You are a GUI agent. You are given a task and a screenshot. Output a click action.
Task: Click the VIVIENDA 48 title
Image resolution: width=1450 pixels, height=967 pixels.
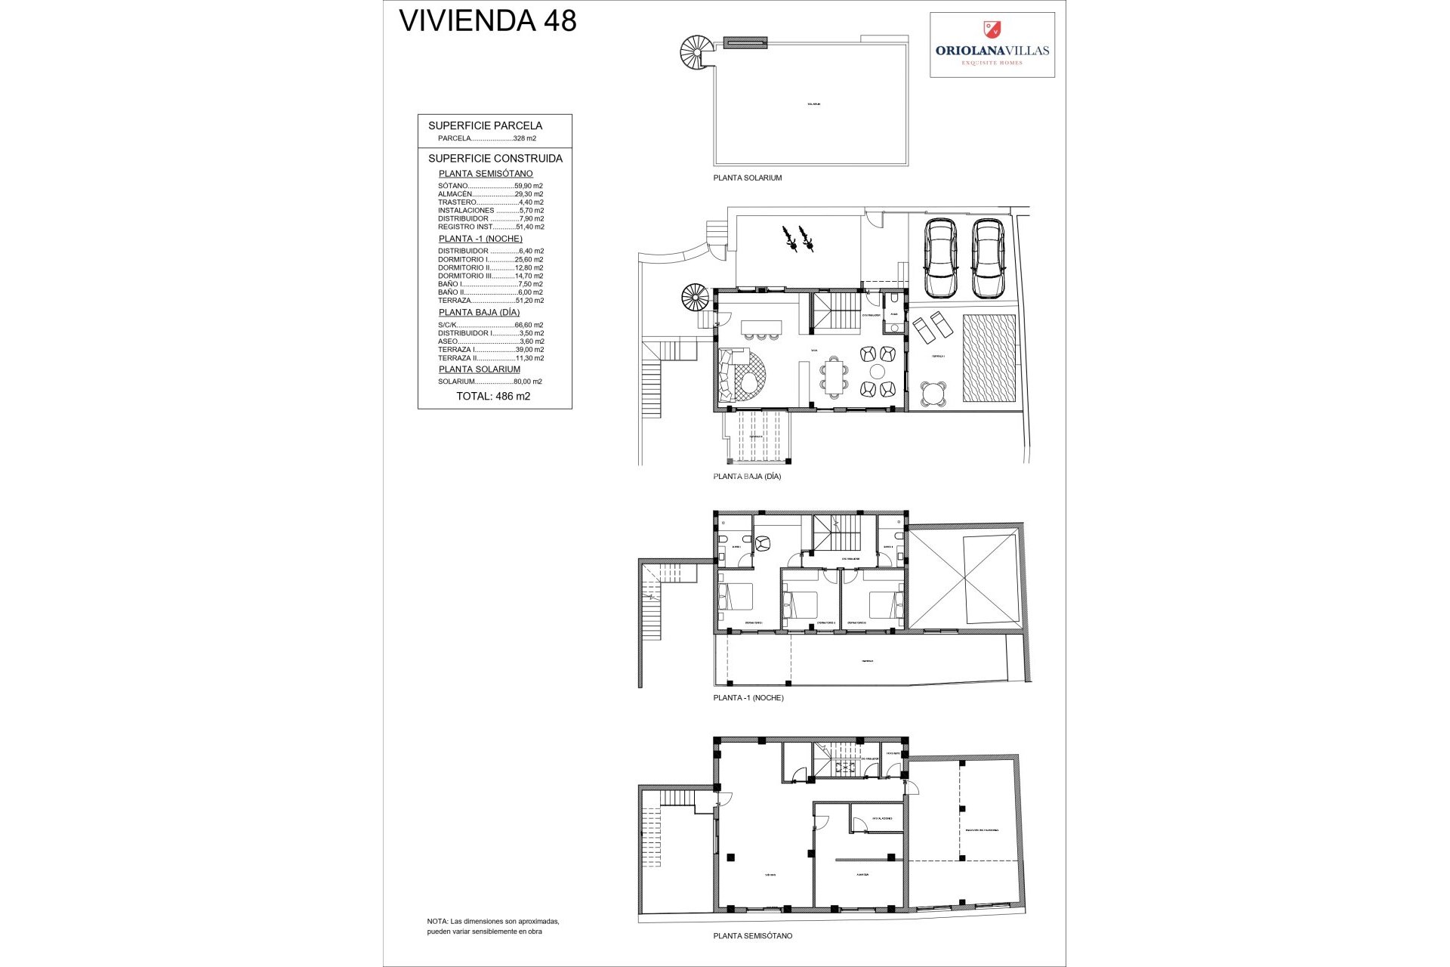click(x=487, y=21)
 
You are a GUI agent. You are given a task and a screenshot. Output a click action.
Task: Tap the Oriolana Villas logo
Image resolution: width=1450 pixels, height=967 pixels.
click(x=992, y=45)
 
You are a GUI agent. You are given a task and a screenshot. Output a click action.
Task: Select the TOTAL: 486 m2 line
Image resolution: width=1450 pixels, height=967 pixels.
click(x=493, y=397)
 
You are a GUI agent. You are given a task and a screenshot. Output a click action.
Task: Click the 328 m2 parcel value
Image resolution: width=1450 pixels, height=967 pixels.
click(x=524, y=139)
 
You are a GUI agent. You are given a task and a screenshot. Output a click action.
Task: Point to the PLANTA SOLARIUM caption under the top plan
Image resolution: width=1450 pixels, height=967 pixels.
click(x=747, y=178)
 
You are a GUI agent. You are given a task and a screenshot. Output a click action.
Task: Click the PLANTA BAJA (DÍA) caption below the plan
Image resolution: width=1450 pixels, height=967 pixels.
click(x=747, y=477)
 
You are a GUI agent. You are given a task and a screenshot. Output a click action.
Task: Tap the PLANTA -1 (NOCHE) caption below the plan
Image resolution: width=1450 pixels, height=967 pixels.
click(x=748, y=698)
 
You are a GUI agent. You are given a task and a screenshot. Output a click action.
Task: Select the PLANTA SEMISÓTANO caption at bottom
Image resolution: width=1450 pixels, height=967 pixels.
click(x=752, y=936)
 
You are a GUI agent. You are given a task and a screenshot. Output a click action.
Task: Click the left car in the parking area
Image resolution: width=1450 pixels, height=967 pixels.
click(x=940, y=258)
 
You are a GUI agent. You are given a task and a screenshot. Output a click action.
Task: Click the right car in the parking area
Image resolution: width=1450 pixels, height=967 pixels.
click(x=988, y=258)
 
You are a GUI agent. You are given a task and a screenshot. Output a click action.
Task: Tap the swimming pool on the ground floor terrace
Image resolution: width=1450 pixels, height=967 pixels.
click(x=989, y=358)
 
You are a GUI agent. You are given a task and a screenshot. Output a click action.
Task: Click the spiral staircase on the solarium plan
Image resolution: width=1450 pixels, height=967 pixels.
click(x=696, y=53)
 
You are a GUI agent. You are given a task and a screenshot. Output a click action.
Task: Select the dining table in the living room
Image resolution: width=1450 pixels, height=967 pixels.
click(x=834, y=377)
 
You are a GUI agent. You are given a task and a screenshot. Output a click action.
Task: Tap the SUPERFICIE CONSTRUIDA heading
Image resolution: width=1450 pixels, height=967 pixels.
click(x=495, y=159)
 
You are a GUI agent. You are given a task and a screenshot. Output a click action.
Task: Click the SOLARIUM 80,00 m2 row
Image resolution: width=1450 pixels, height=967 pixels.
click(x=490, y=382)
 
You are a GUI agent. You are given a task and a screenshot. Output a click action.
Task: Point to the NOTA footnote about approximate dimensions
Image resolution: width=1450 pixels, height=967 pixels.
click(x=492, y=926)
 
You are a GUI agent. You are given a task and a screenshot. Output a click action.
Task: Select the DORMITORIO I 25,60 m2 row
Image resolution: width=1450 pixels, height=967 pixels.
click(x=490, y=260)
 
